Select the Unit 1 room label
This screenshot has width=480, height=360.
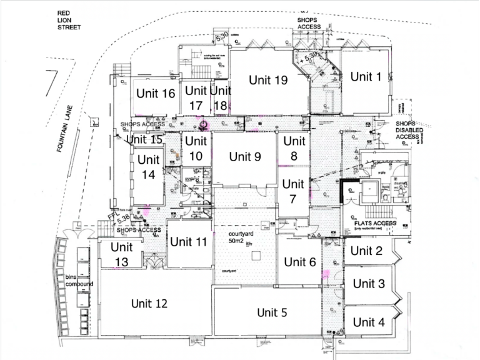(365, 77)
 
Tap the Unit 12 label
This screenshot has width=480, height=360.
(149, 304)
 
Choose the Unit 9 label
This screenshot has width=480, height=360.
(244, 156)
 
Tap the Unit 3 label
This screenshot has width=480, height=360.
(368, 284)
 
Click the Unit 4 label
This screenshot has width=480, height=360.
(368, 322)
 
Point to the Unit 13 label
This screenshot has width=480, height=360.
(122, 254)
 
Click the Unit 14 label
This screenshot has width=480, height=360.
(148, 167)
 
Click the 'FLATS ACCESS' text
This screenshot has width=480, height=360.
(375, 223)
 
